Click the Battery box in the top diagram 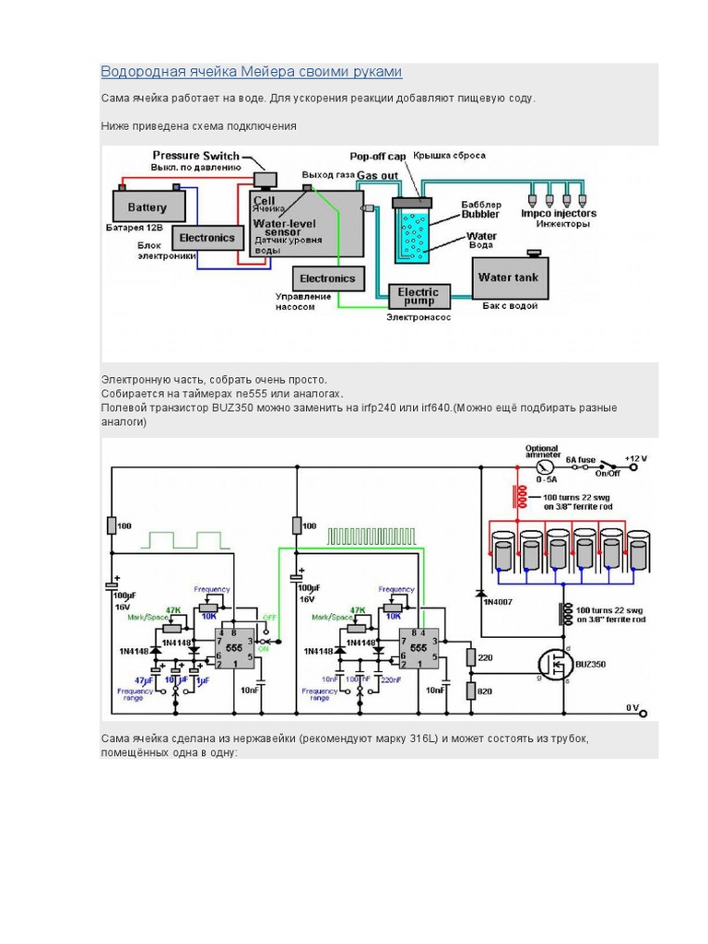point(147,207)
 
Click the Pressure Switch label point(195,156)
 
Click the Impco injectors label point(559,213)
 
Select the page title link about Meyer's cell point(251,72)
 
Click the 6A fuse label point(582,458)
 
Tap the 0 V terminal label point(632,708)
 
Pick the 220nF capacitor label point(391,679)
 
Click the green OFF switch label point(269,617)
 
